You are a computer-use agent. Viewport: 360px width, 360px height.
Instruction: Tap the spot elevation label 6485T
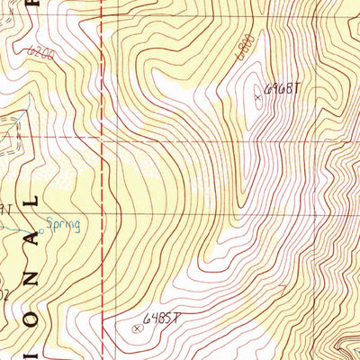(x=163, y=318)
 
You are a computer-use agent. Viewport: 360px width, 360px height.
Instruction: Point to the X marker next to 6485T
(x=137, y=328)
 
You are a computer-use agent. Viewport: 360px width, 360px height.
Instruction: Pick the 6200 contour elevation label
(x=40, y=54)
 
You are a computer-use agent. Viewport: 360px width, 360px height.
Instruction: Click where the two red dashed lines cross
(x=102, y=141)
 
